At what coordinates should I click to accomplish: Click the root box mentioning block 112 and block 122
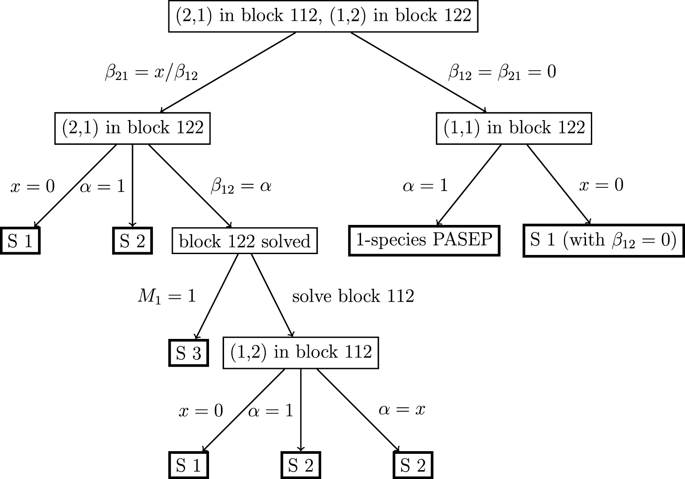click(x=323, y=16)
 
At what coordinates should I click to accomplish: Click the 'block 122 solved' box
click(x=244, y=241)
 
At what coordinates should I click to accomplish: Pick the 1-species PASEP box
click(x=424, y=240)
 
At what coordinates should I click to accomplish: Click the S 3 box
click(x=189, y=353)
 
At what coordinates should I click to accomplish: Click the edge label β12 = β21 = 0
click(x=502, y=72)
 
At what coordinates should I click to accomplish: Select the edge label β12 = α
click(x=241, y=186)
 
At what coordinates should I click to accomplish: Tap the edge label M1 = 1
click(x=167, y=296)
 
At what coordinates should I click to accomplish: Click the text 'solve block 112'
click(x=353, y=296)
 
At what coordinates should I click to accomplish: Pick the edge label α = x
click(x=402, y=410)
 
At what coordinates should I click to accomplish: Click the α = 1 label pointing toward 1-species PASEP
click(x=425, y=186)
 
